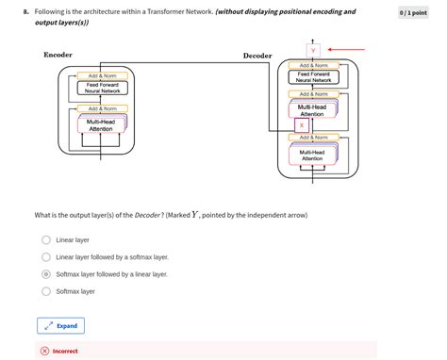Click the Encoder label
tap(58, 55)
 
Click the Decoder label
tap(257, 56)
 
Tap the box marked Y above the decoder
tap(313, 51)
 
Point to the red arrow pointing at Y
tap(346, 48)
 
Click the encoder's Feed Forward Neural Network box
tap(102, 89)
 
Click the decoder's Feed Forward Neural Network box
tap(312, 77)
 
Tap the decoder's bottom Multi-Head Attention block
tap(312, 155)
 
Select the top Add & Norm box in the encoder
tap(102, 75)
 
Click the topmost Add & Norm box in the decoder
tap(312, 64)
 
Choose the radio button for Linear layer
tap(45, 239)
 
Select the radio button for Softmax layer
tap(45, 291)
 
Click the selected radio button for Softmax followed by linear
tap(45, 273)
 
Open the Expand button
tap(61, 325)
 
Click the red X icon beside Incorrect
tap(44, 351)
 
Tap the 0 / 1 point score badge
tap(413, 13)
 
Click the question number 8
tap(26, 12)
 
